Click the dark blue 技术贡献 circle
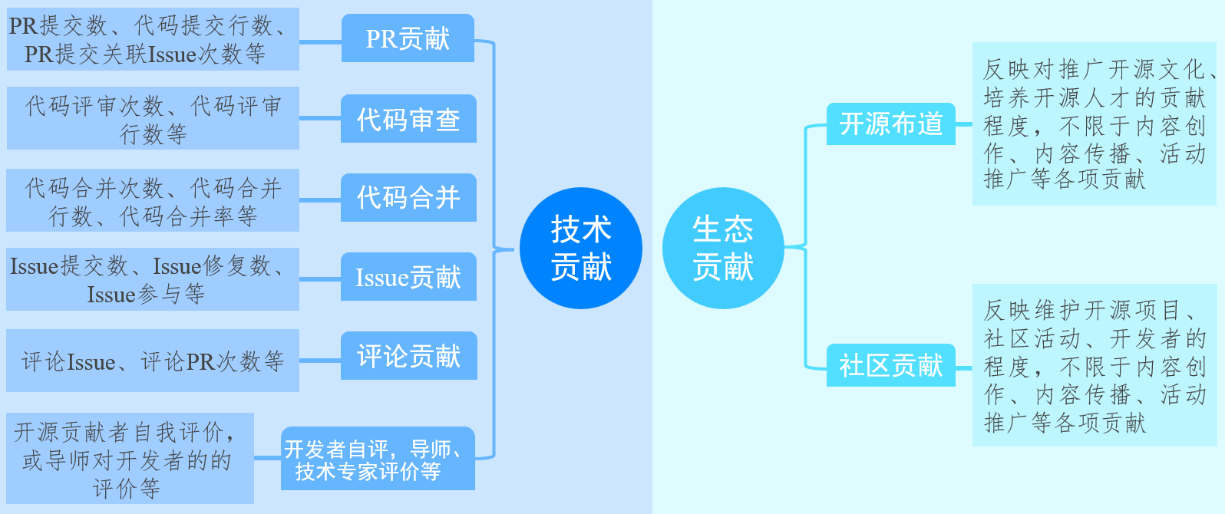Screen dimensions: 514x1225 tap(580, 248)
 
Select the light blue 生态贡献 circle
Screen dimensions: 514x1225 tap(722, 248)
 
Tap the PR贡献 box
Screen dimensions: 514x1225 tap(408, 38)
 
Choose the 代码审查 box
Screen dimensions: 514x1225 tap(408, 119)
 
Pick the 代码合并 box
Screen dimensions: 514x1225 tap(408, 197)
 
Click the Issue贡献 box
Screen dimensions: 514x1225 tap(408, 277)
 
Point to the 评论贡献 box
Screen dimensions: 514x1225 tap(408, 356)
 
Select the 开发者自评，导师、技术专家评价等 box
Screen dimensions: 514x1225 tap(378, 459)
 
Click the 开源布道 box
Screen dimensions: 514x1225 tap(890, 124)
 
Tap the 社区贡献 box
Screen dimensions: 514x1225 tap(890, 365)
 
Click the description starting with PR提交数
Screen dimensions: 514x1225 tap(153, 39)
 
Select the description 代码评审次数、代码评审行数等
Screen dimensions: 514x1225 tap(153, 118)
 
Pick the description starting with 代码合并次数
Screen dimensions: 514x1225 tap(153, 200)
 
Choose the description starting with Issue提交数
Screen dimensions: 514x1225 tap(153, 279)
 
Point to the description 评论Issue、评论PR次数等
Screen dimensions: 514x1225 tap(153, 361)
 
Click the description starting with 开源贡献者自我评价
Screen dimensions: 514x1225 tap(130, 459)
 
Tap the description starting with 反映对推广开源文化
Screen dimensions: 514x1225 tap(1094, 124)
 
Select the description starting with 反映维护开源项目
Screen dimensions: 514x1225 tap(1094, 365)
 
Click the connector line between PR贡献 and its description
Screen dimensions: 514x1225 tap(320, 42)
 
